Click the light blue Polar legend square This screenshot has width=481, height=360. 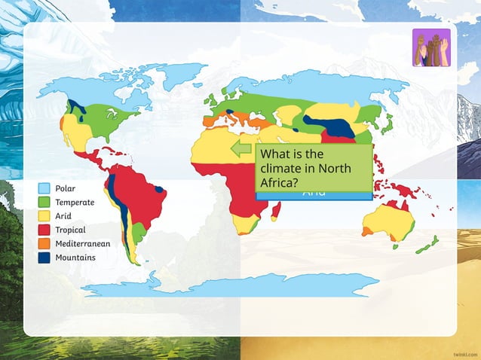(44, 188)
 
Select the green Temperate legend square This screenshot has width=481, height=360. (44, 202)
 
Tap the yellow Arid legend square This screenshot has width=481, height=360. (44, 216)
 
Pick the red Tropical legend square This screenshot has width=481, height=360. (44, 230)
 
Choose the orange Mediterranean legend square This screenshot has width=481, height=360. (44, 243)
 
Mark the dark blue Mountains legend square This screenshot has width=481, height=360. (44, 258)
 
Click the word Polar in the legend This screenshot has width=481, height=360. (66, 188)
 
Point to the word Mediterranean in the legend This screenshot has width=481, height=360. (83, 243)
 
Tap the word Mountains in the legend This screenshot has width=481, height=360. (75, 258)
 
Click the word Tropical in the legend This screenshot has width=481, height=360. (70, 230)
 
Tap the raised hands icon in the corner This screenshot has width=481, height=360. (431, 47)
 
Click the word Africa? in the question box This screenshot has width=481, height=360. (280, 182)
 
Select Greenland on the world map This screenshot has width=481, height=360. (170, 75)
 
